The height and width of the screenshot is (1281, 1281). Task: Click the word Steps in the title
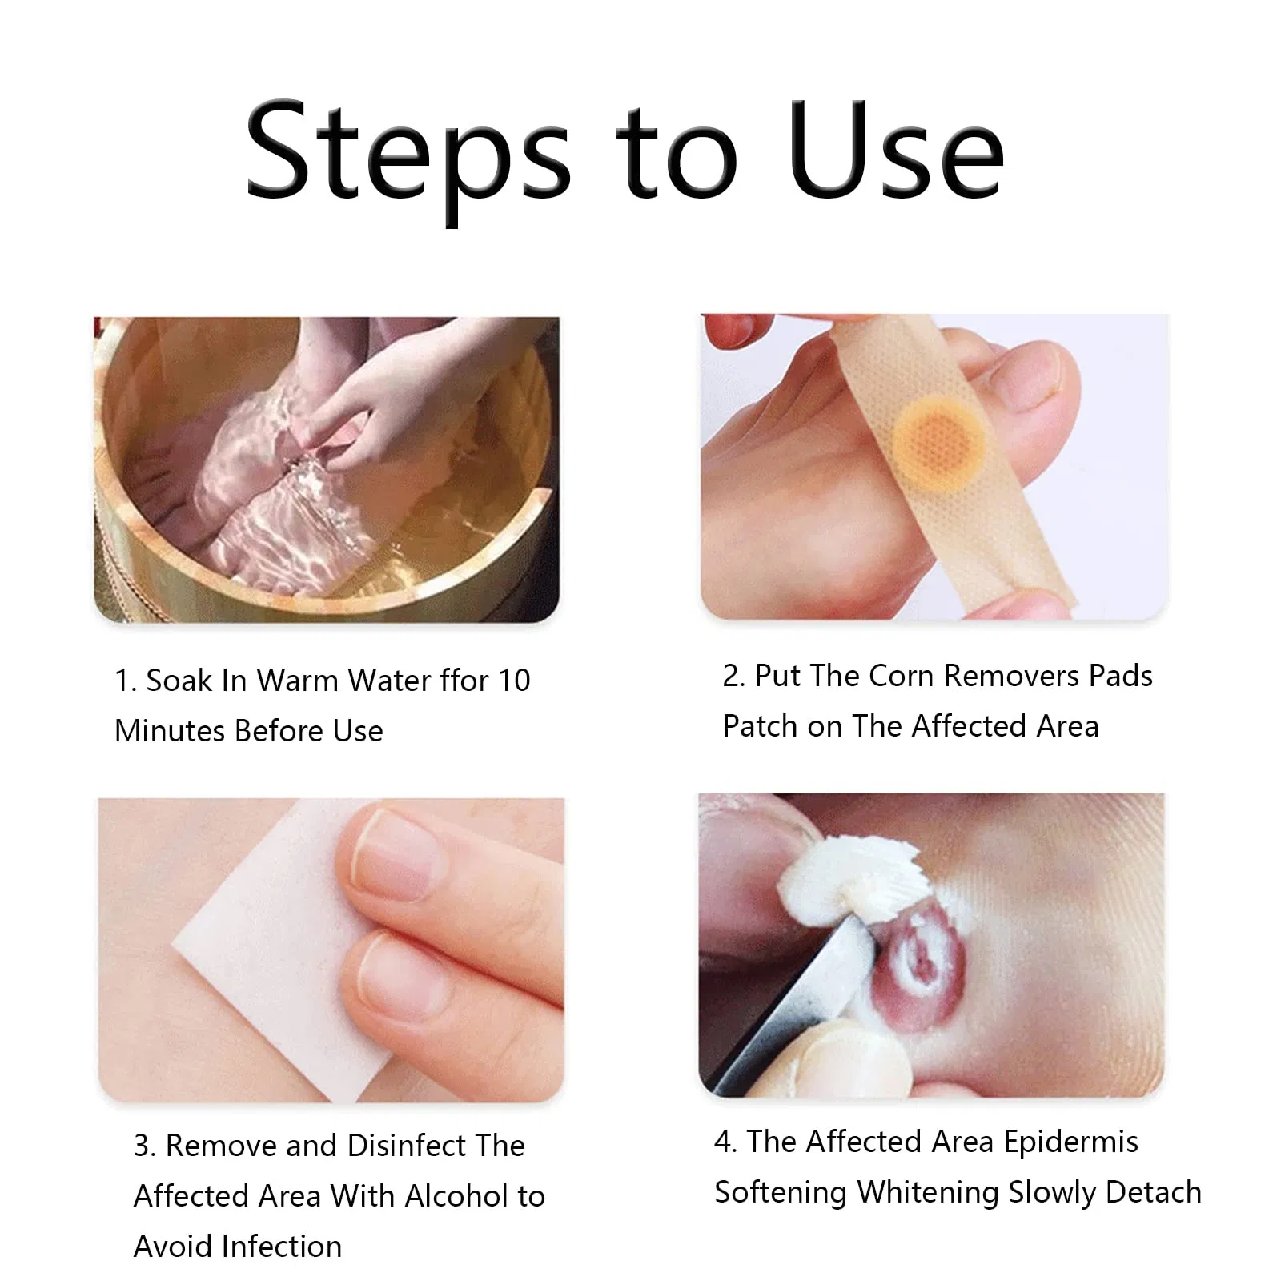(x=408, y=152)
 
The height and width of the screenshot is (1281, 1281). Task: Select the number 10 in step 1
(x=514, y=681)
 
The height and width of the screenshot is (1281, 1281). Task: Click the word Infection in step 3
(x=282, y=1247)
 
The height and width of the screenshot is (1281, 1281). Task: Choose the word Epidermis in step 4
(x=1070, y=1142)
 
